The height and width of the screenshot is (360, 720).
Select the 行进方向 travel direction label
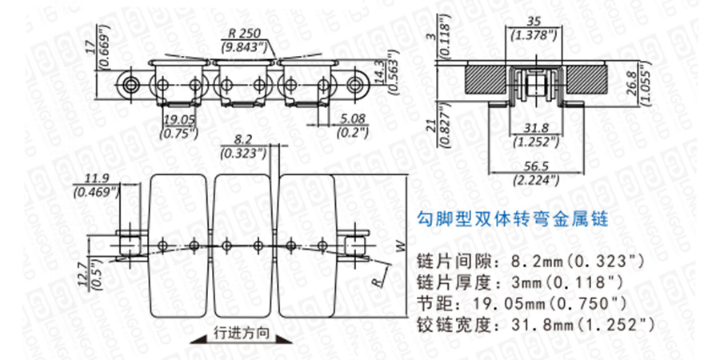point(242,333)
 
